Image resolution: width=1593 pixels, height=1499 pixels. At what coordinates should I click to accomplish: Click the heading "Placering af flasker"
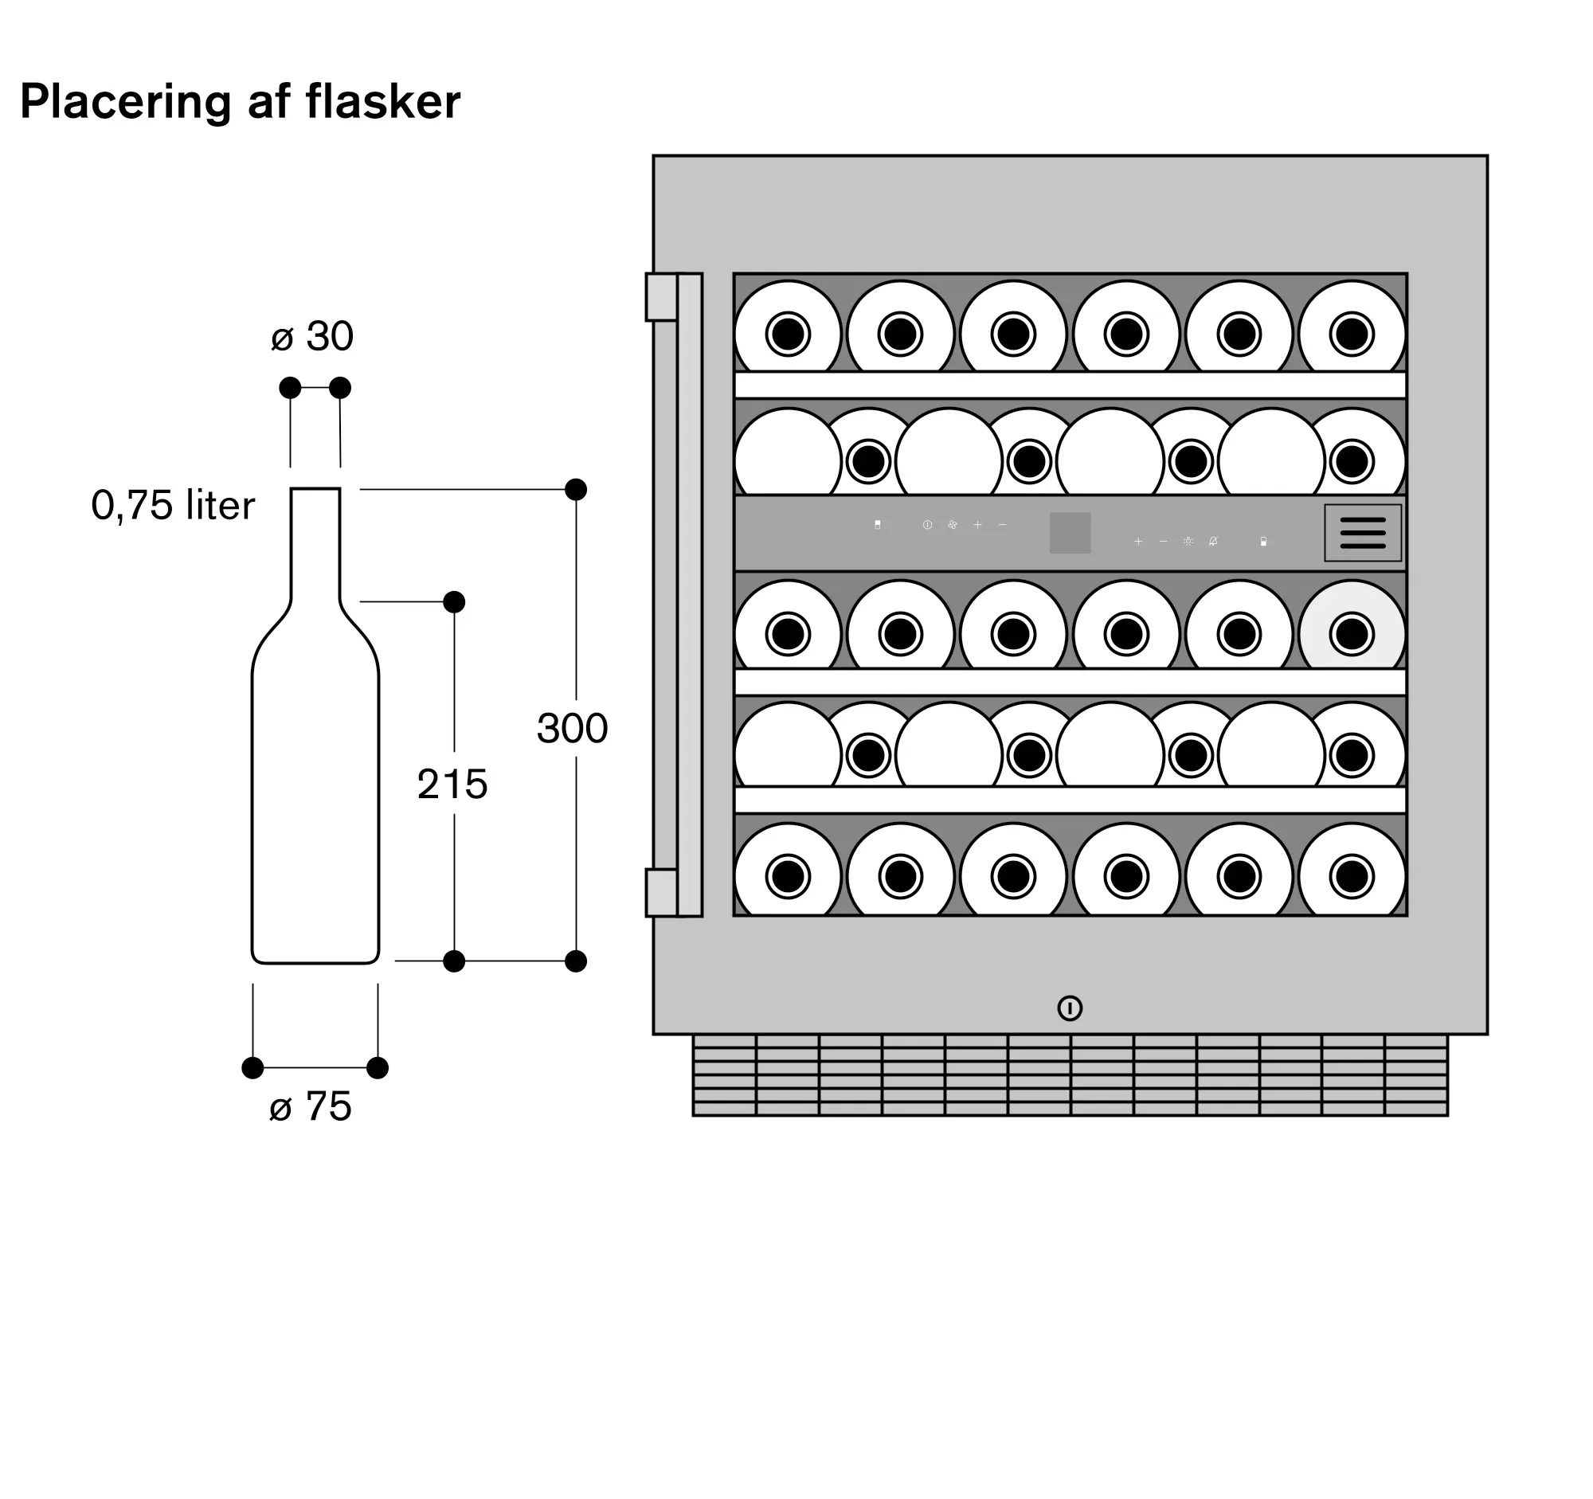(240, 103)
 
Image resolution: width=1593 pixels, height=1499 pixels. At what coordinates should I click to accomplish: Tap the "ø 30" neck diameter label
(312, 336)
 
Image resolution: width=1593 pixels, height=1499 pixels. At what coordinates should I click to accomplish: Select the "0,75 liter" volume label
(173, 506)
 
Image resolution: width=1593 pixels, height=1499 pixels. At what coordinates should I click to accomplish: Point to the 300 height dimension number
(572, 729)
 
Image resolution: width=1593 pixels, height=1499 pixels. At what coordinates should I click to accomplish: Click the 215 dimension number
(452, 785)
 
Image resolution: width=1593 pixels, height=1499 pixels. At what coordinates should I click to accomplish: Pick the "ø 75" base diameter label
(311, 1107)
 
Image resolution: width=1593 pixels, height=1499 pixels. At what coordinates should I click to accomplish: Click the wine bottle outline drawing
(315, 785)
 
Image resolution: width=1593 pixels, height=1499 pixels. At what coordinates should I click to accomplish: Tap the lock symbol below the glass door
(1070, 1008)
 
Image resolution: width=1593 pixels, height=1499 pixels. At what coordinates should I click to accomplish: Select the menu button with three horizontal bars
(1362, 533)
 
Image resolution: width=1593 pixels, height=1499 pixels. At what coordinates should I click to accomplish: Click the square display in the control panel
(1070, 533)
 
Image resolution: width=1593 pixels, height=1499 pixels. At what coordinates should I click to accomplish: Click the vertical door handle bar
(689, 594)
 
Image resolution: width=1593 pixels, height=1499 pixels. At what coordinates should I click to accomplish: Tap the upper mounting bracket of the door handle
(662, 297)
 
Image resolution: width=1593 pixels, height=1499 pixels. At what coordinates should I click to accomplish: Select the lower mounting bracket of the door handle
(662, 893)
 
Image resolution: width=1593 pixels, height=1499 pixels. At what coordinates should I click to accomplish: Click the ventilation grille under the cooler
(1070, 1075)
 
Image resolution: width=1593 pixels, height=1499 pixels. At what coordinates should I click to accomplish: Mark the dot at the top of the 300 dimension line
(575, 490)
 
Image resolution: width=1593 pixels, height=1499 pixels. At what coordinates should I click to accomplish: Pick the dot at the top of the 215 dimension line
(453, 601)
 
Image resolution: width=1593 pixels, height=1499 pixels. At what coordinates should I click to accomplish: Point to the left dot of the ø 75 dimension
(252, 1068)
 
